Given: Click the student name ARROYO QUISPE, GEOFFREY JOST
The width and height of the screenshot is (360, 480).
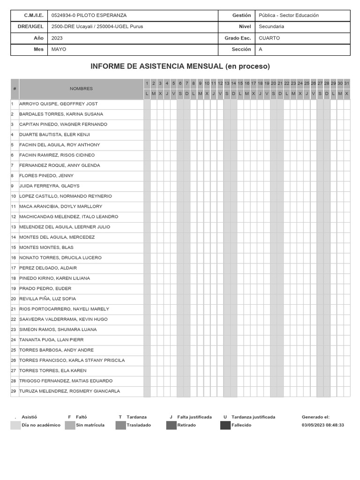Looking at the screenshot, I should pyautogui.click(x=59, y=104).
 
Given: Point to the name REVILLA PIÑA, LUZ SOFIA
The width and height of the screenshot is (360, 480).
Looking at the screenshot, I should pyautogui.click(x=47, y=299).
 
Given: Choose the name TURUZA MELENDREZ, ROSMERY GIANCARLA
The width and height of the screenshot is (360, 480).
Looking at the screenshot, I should pyautogui.click(x=69, y=391).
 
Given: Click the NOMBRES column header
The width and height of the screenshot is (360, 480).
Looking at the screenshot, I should pyautogui.click(x=81, y=89).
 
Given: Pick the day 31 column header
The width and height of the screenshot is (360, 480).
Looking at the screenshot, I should pyautogui.click(x=347, y=83).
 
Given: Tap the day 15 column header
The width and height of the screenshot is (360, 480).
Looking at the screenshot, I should pyautogui.click(x=240, y=83).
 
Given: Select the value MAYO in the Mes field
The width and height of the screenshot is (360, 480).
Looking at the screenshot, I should pyautogui.click(x=59, y=49).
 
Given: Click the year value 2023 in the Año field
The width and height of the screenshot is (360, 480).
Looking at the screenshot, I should pyautogui.click(x=57, y=38).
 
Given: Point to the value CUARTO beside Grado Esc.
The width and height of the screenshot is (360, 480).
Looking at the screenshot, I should pyautogui.click(x=269, y=38).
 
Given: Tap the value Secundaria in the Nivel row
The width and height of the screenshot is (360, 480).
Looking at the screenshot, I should pyautogui.click(x=271, y=27).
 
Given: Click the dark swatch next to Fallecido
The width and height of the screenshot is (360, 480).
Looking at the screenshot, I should pyautogui.click(x=225, y=425).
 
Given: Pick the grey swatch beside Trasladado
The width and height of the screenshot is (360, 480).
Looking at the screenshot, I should pyautogui.click(x=121, y=425).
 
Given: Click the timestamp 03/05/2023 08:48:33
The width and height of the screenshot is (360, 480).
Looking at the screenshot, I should pyautogui.click(x=322, y=425).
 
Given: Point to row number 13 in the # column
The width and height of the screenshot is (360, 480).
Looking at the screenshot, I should pyautogui.click(x=14, y=227).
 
